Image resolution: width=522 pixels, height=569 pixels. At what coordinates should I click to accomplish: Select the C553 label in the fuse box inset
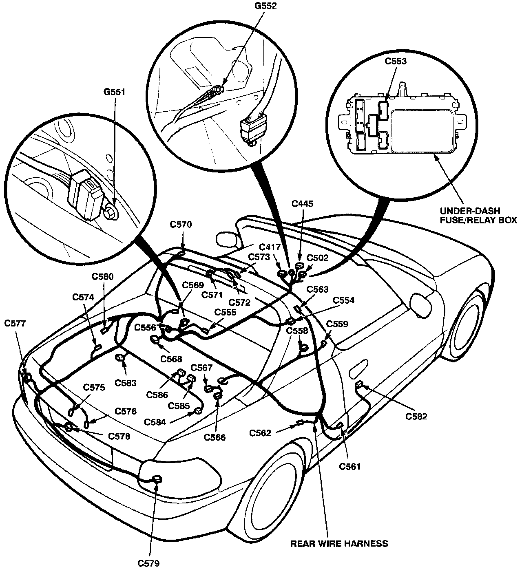click(x=396, y=62)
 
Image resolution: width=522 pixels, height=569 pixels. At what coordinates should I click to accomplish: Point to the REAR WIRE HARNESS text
click(x=339, y=543)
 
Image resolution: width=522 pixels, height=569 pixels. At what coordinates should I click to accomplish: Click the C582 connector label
click(x=416, y=416)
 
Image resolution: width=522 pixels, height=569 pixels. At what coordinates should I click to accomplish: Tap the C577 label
click(x=15, y=324)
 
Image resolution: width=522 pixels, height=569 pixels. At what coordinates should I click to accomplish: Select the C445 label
click(x=302, y=204)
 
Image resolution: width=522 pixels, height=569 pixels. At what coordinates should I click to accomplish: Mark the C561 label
click(x=350, y=467)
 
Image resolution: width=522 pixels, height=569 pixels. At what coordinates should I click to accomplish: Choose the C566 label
click(x=215, y=437)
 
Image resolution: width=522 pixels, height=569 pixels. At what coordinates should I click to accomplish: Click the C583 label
click(x=125, y=383)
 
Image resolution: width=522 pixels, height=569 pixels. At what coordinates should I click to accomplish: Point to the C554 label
click(x=344, y=300)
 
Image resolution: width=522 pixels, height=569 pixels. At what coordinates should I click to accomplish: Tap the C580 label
click(x=103, y=276)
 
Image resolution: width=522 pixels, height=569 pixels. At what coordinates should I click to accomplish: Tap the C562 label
click(x=261, y=433)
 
